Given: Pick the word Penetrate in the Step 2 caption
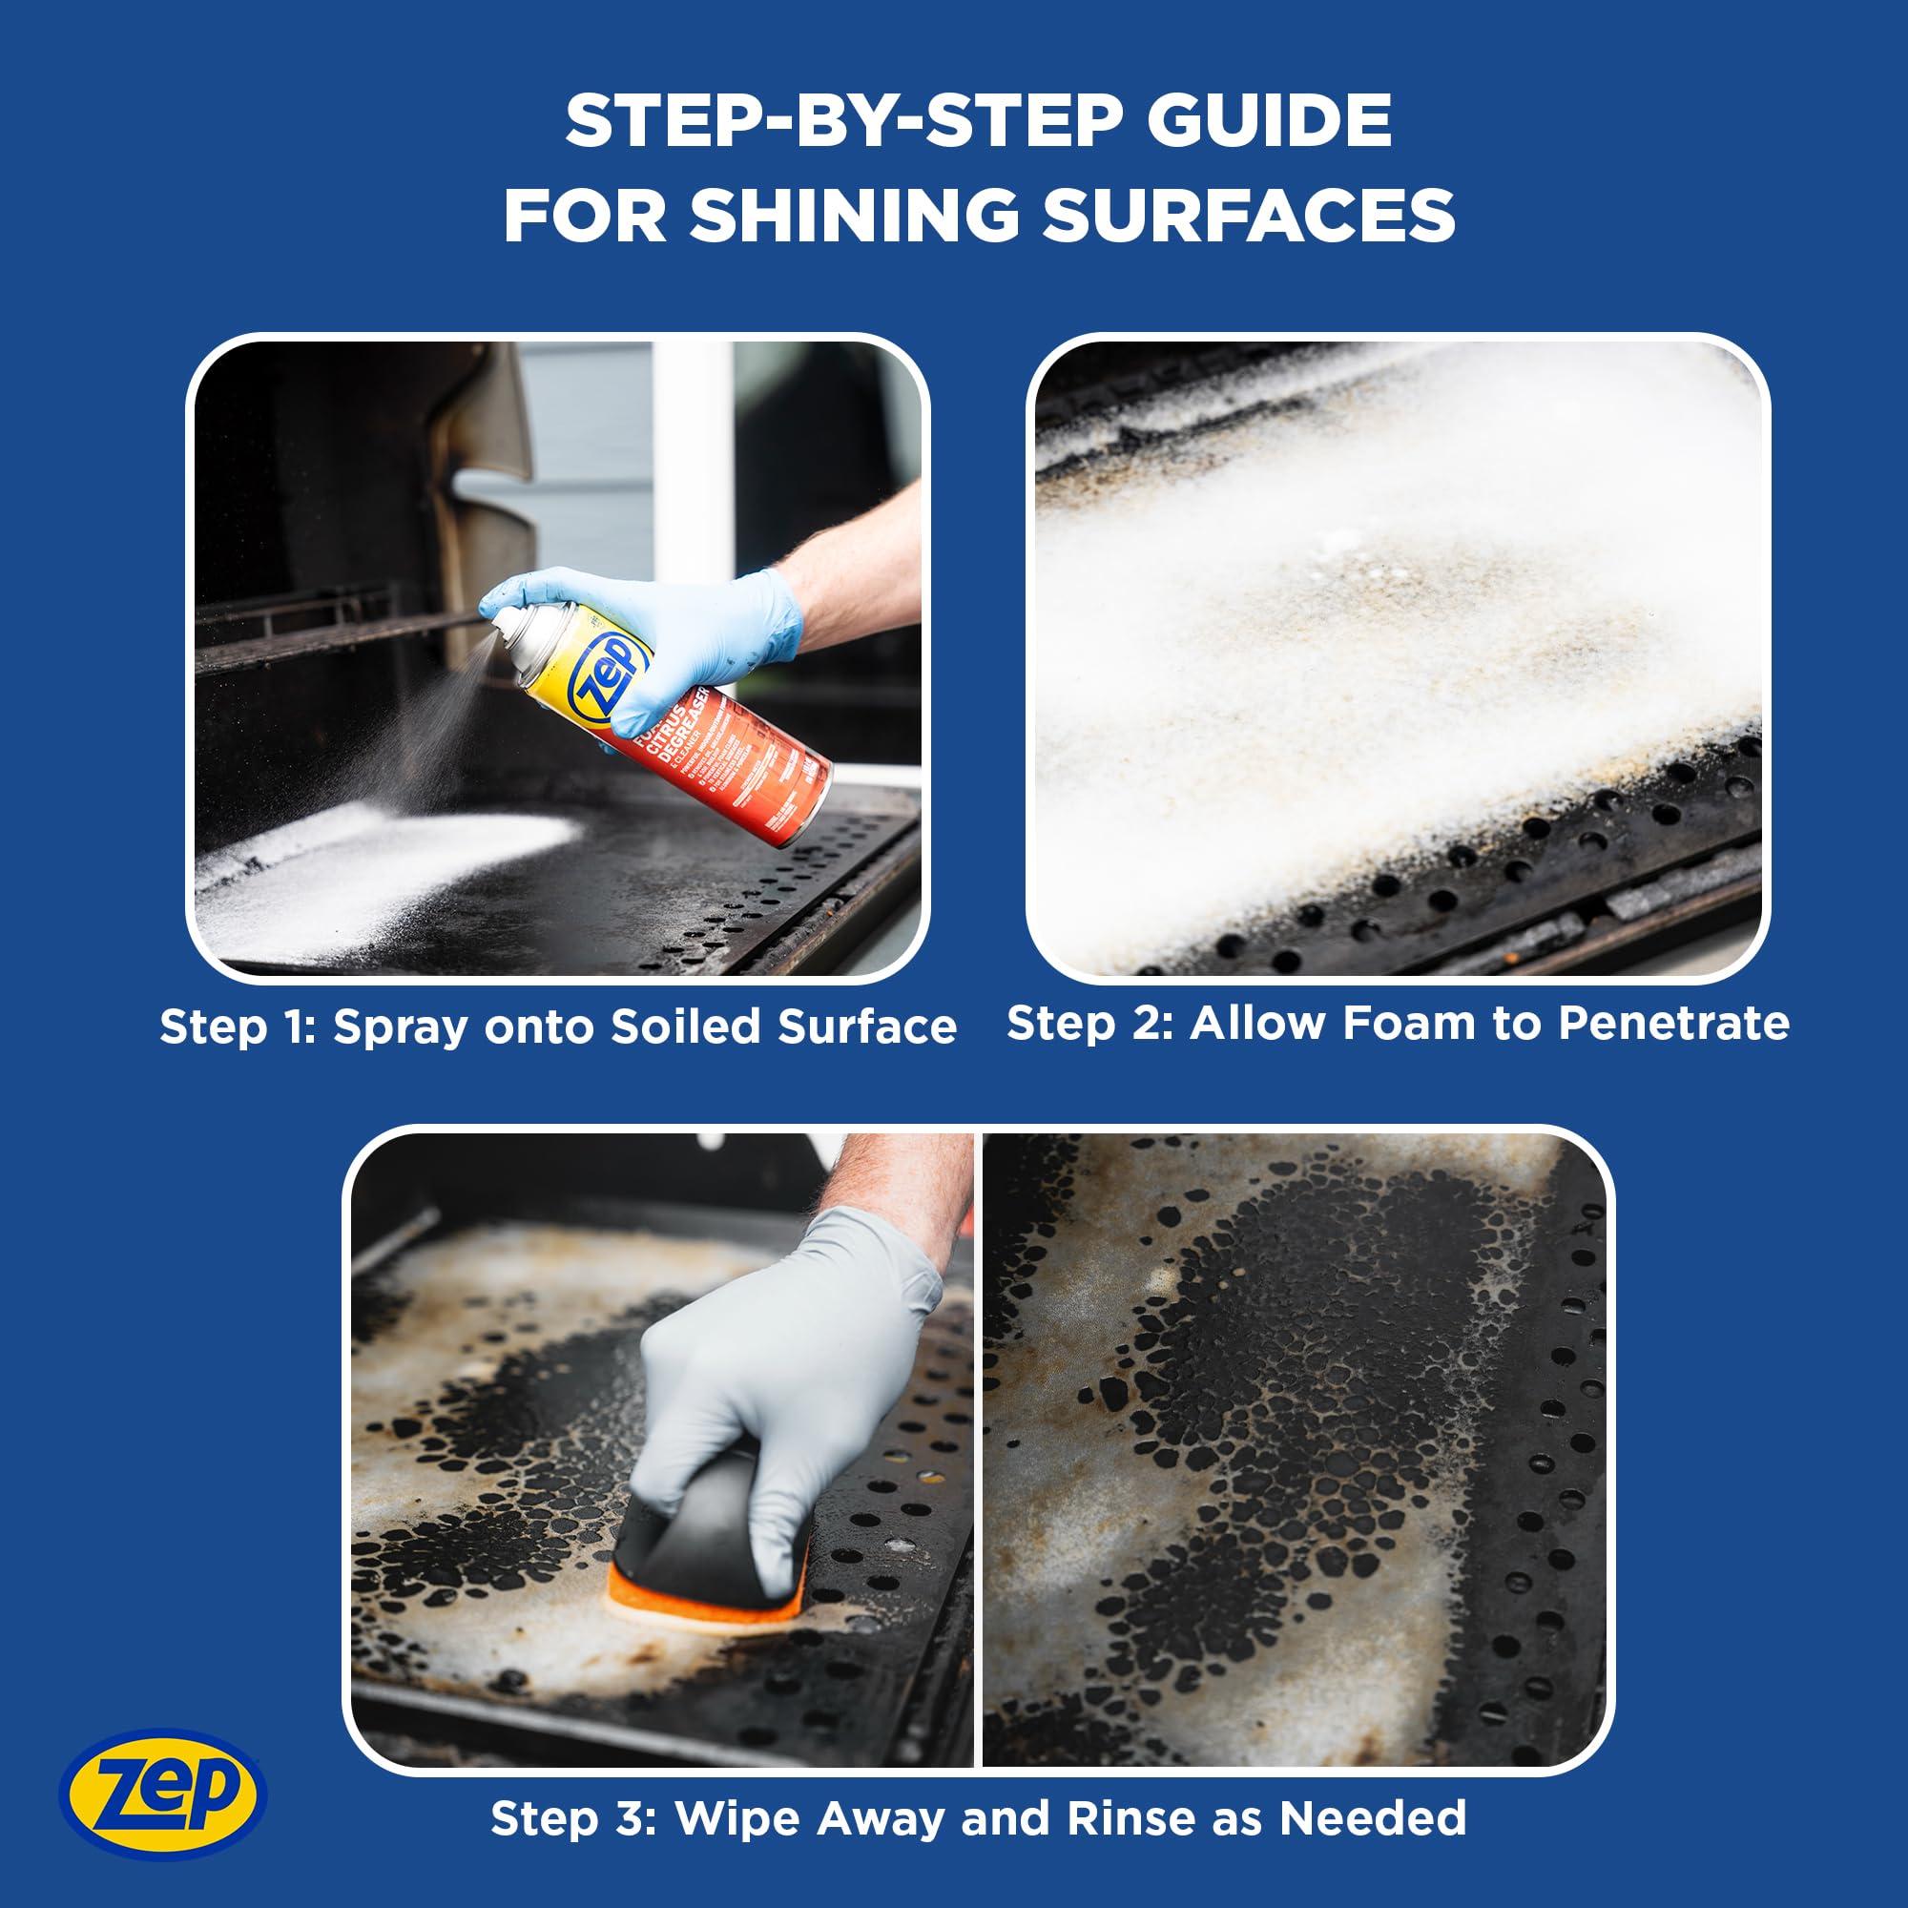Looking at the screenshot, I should (1673, 1023).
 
